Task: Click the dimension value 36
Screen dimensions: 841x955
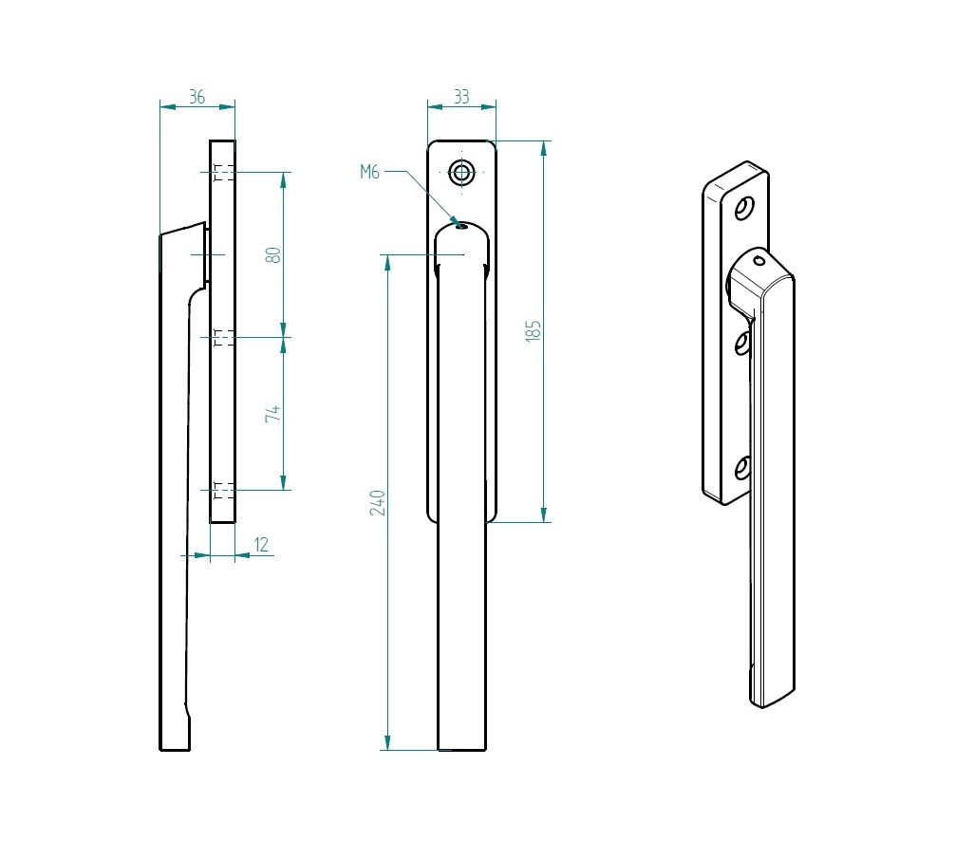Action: [x=197, y=97]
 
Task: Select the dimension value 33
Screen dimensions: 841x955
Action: [x=461, y=97]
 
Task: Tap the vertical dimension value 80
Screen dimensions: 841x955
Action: [x=273, y=254]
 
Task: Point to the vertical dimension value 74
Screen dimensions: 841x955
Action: [x=273, y=414]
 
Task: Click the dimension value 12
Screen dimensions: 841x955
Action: [x=261, y=545]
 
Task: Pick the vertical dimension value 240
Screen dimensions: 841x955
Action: [x=377, y=502]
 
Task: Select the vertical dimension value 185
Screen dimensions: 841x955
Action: [x=534, y=330]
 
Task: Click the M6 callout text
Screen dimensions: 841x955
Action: [x=369, y=172]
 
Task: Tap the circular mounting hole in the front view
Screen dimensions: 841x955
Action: [x=461, y=173]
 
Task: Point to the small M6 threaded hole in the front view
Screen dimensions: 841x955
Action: [x=460, y=225]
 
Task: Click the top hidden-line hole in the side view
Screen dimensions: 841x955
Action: [x=224, y=173]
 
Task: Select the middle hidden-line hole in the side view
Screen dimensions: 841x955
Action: [x=224, y=337]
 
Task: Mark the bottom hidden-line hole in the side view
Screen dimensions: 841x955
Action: [x=224, y=490]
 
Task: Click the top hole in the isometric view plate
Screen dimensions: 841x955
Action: [x=745, y=208]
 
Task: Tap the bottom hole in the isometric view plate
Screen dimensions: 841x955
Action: [x=742, y=468]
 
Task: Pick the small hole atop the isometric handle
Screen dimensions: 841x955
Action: [x=758, y=260]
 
